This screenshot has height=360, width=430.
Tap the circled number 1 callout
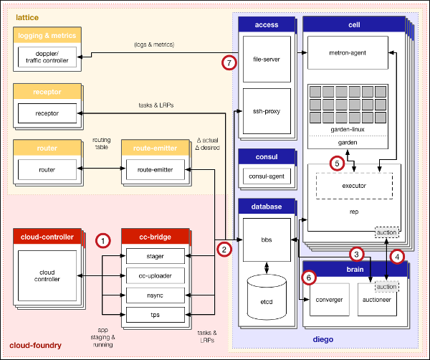pos(104,241)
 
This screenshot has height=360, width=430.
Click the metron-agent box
pos(347,54)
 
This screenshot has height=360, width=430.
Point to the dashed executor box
pos(355,186)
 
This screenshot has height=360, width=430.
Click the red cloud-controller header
pos(47,237)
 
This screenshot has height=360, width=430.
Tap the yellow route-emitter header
pos(156,148)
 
